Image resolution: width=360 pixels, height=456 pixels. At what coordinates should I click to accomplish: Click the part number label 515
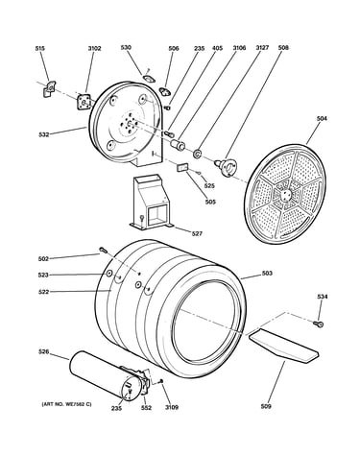[40, 49]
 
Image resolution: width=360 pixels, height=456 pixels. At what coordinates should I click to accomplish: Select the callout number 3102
[94, 49]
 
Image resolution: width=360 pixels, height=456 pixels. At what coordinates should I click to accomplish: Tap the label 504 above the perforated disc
[322, 119]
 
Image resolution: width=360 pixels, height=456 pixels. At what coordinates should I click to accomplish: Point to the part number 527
[197, 234]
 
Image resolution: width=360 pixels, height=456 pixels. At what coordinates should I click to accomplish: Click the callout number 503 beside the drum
[267, 274]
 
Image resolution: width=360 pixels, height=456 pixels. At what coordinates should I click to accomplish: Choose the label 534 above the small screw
[323, 297]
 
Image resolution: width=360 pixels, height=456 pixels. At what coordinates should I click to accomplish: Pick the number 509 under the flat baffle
[266, 406]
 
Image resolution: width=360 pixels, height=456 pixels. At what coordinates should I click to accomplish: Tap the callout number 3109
[172, 408]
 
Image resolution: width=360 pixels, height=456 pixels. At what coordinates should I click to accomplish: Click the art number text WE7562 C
[79, 404]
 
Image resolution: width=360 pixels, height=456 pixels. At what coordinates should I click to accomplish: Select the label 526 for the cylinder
[43, 352]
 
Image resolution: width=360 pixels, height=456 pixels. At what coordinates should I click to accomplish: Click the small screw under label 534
[319, 324]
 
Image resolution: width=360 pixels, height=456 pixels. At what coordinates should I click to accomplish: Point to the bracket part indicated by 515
[49, 88]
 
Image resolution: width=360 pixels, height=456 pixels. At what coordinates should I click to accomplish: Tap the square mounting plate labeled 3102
[84, 102]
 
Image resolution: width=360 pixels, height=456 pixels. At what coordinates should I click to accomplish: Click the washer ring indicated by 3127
[197, 154]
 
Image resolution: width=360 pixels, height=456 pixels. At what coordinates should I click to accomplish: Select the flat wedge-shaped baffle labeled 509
[283, 346]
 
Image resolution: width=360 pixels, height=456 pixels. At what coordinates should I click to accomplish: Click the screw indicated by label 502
[103, 250]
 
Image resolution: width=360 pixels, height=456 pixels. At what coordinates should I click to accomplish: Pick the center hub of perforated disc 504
[285, 195]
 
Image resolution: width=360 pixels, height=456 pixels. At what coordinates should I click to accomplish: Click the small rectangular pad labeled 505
[182, 167]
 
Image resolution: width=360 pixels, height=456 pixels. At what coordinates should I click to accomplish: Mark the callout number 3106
[239, 48]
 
